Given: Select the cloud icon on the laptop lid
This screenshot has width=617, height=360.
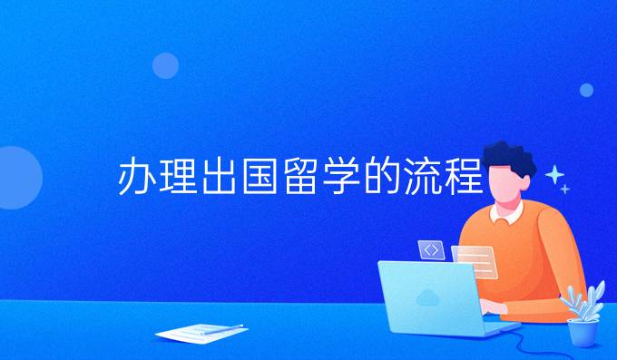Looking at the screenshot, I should pyautogui.click(x=426, y=296).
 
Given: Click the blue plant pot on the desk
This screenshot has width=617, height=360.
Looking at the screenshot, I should pyautogui.click(x=582, y=331).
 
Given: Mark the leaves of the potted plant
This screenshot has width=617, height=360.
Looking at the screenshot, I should pyautogui.click(x=583, y=299).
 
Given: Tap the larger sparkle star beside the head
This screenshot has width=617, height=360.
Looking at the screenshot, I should pyautogui.click(x=553, y=174).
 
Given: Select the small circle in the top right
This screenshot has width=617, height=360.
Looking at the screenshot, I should pyautogui.click(x=586, y=90).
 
